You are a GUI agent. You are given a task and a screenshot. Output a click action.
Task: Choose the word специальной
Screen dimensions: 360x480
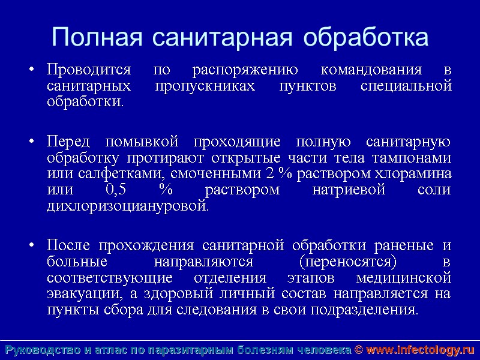point(406,86)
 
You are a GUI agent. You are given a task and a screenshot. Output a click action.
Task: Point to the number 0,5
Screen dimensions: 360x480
point(116,190)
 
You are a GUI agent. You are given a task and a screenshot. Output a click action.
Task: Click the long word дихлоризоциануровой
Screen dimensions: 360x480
point(127,206)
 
